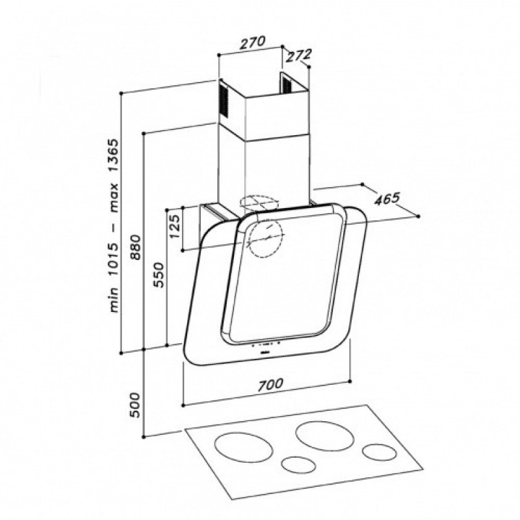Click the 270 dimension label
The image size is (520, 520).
(253, 42)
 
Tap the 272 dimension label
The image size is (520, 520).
(298, 55)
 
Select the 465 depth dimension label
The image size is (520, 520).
(387, 199)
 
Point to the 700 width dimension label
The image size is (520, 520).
(270, 384)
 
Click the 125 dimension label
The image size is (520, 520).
(175, 226)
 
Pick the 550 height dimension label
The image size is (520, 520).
(159, 275)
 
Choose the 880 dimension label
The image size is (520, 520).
(136, 247)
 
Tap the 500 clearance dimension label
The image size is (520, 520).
(135, 405)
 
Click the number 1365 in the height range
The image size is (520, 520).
(113, 155)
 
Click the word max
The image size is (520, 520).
(113, 198)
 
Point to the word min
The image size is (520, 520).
(113, 300)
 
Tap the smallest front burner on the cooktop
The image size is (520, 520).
(298, 465)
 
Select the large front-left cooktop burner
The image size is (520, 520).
(244, 447)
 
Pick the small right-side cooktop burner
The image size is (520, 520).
(380, 452)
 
